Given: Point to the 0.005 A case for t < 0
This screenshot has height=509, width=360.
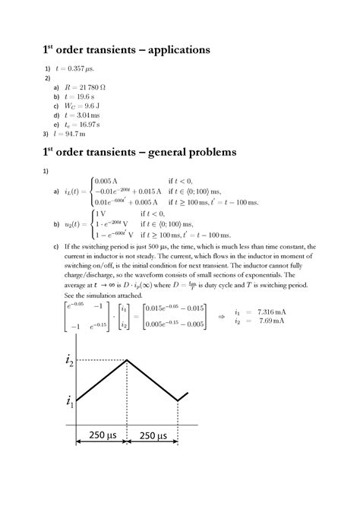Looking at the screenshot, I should pos(107,181).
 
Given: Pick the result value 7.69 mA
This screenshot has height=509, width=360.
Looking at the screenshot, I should pos(270,321).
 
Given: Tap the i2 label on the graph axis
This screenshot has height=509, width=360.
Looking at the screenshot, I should pos(69,361).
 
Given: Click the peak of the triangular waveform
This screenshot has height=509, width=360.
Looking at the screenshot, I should pos(126,360).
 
